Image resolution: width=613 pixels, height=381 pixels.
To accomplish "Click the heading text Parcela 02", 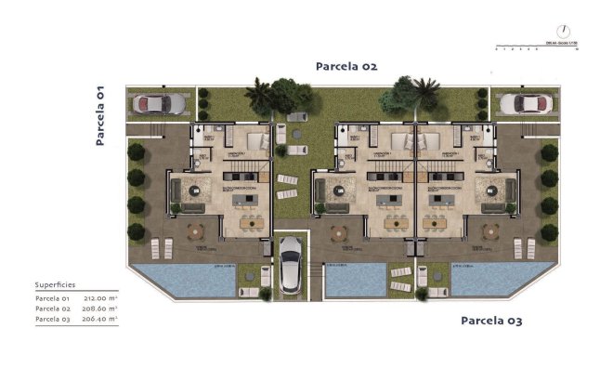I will point(346,66).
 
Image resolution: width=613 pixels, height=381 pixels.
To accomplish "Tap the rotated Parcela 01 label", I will point(100,116).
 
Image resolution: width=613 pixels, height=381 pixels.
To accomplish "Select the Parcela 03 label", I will point(491,321).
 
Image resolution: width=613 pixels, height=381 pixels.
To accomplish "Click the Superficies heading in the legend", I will point(55,284).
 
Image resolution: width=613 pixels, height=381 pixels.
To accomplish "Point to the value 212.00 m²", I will point(102,297).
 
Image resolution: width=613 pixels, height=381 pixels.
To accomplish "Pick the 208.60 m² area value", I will point(102,308).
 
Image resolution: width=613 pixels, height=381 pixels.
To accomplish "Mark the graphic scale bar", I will point(534,44).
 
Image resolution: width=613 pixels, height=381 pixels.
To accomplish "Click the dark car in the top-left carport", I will point(159,102).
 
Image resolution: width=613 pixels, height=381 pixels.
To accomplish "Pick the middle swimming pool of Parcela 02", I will point(355,279).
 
